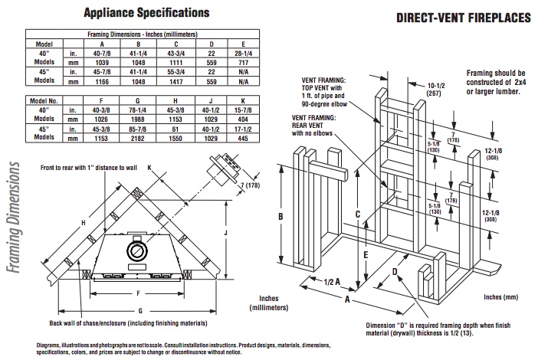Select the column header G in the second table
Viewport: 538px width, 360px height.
pos(143,100)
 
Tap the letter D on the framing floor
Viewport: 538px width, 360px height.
pos(395,271)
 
